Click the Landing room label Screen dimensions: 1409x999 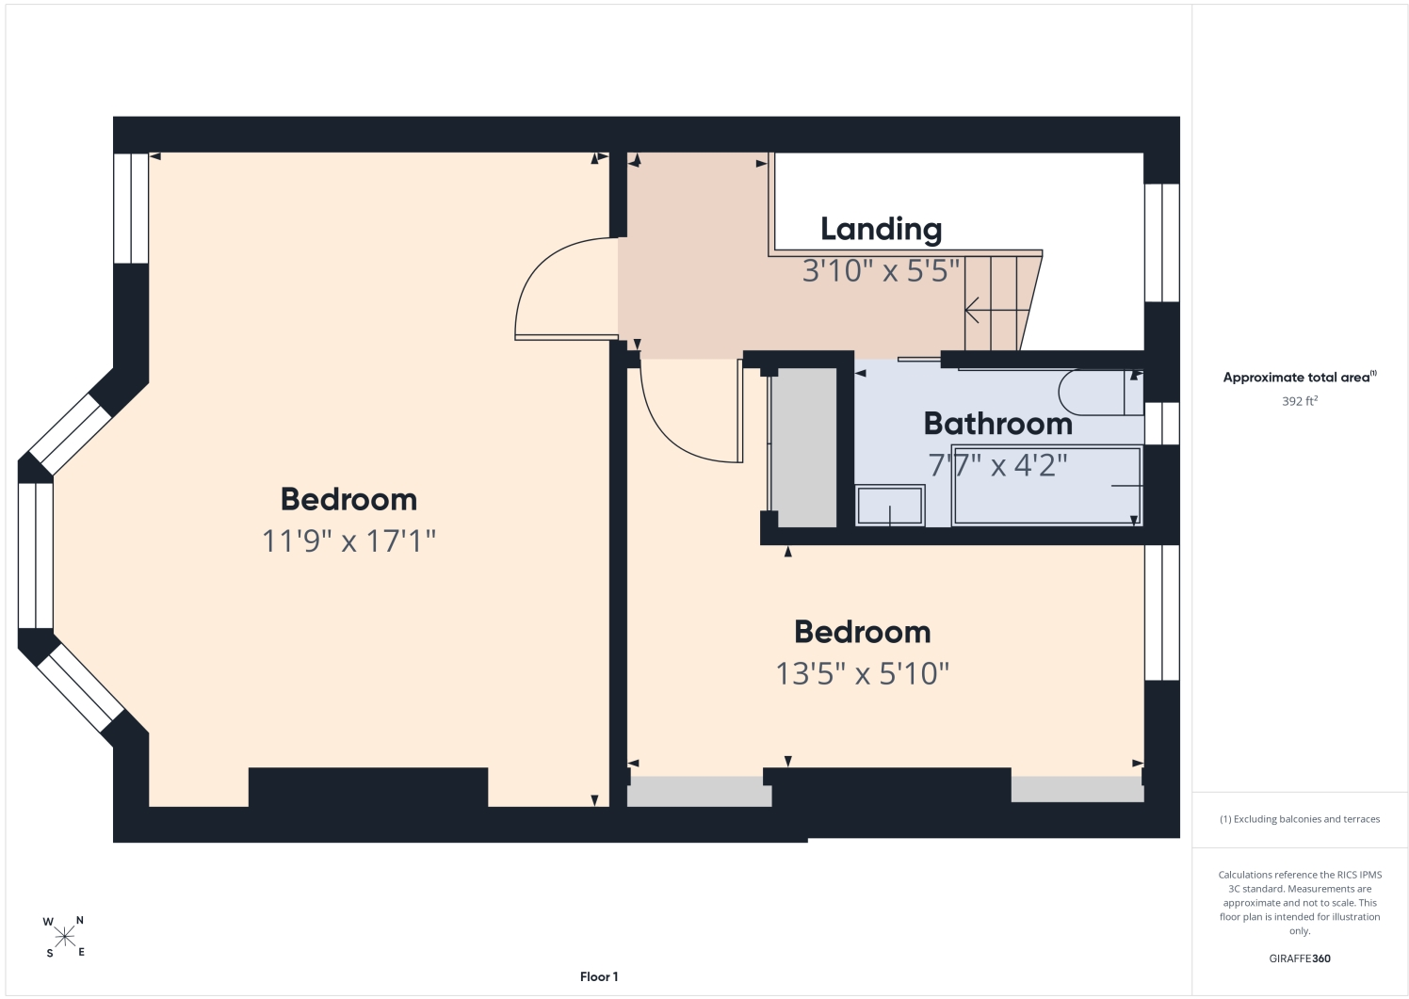coord(881,230)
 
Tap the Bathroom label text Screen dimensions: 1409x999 coord(997,424)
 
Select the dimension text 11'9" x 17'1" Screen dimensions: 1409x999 coord(348,540)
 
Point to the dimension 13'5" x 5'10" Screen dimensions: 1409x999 coord(862,673)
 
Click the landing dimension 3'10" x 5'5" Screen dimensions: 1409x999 coord(881,271)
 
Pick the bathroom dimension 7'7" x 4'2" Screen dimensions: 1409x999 coord(997,465)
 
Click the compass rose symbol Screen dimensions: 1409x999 coord(64,937)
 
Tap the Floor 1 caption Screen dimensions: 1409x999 coord(599,976)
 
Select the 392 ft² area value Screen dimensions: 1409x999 coord(1300,400)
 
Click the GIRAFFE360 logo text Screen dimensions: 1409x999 coord(1300,959)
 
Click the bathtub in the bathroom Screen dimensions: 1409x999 coord(1046,485)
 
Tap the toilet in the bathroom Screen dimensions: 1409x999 coord(1101,393)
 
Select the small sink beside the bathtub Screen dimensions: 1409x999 coord(889,505)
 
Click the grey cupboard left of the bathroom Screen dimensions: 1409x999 coord(803,447)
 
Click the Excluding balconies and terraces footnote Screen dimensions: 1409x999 coord(1300,819)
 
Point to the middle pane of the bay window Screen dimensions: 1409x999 coord(35,556)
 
